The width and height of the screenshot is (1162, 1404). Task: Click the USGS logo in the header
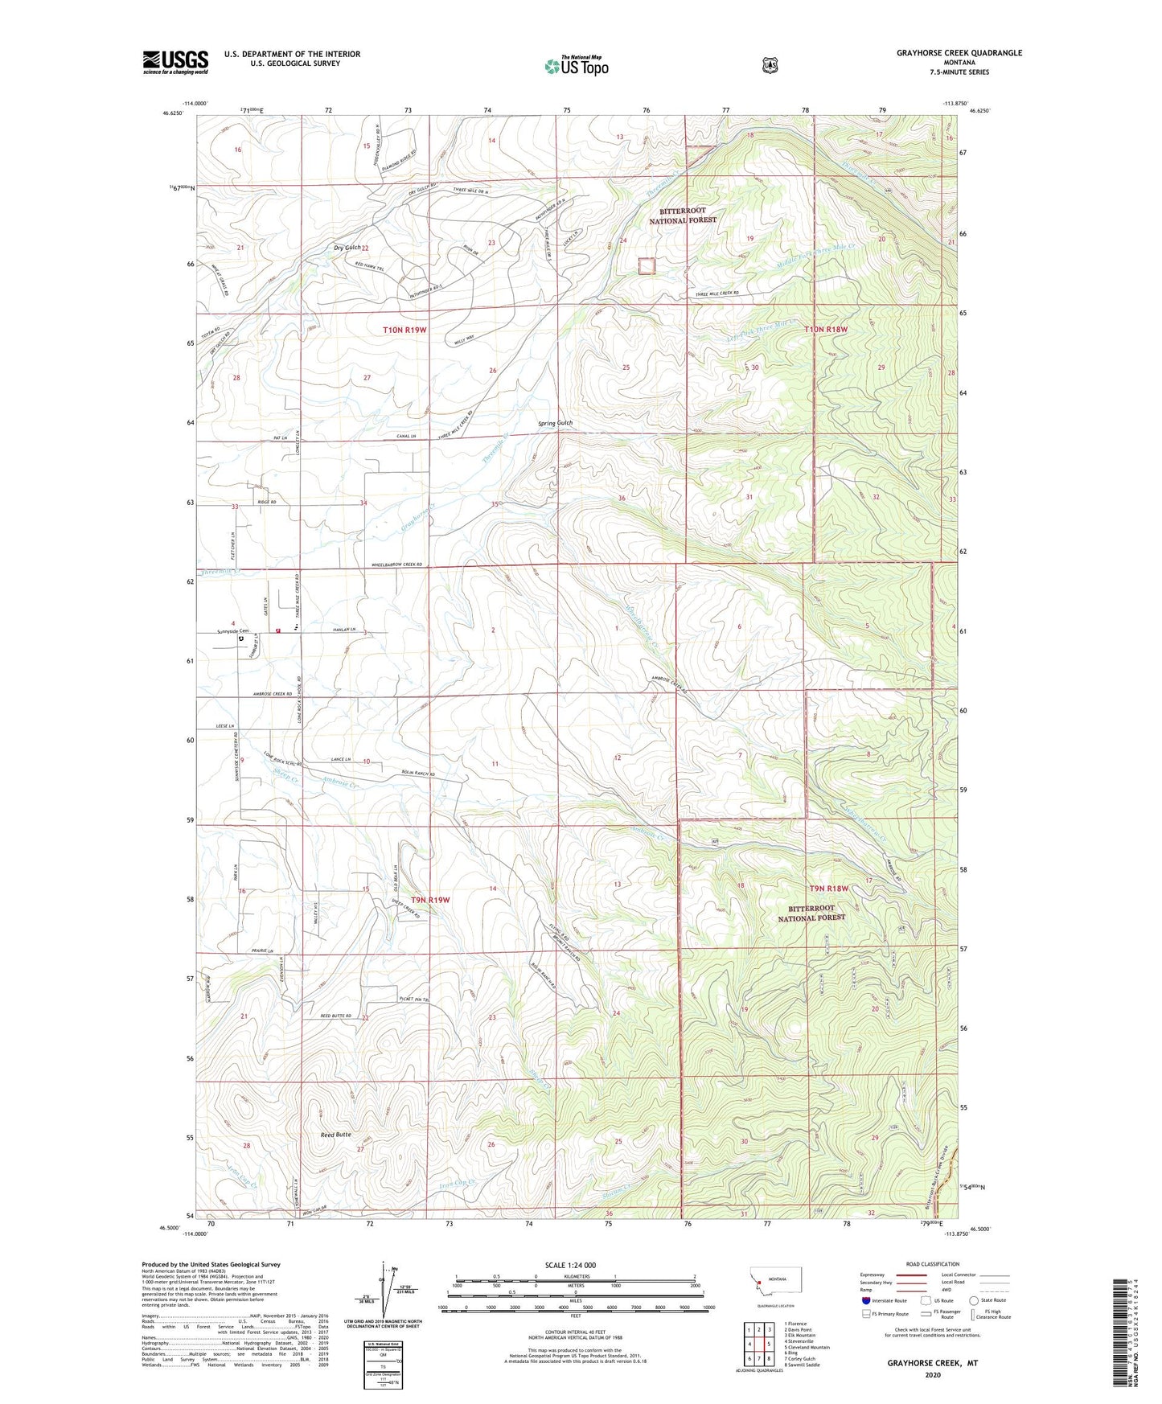click(175, 62)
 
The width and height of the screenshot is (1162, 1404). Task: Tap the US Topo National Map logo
click(576, 66)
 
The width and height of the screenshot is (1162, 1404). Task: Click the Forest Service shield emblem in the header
click(770, 65)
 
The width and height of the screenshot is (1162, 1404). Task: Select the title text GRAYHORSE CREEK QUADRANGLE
click(959, 53)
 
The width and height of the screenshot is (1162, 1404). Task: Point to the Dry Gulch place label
click(347, 248)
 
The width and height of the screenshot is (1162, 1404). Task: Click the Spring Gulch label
click(555, 423)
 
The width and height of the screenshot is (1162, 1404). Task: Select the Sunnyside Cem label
click(233, 631)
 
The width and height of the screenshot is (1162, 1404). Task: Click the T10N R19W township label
click(404, 330)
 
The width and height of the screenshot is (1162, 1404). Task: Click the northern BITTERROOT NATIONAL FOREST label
click(683, 215)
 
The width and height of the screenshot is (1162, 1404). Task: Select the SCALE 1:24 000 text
click(570, 1265)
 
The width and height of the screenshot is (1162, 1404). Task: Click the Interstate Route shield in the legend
click(865, 1300)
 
